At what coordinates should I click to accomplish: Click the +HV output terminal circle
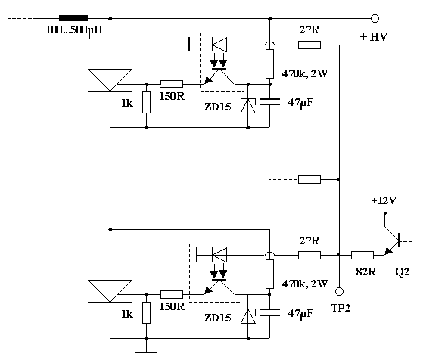click(375, 18)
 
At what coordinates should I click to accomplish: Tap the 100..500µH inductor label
click(74, 30)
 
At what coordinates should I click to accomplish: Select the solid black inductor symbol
click(73, 18)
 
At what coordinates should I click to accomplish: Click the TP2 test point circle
click(339, 291)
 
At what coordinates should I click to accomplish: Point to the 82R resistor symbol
click(362, 255)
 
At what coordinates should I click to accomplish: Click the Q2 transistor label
click(402, 272)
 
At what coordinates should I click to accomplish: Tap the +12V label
click(384, 200)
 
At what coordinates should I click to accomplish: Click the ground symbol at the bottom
click(146, 352)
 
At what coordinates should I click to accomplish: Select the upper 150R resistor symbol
click(172, 84)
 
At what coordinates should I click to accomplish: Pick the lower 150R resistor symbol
click(172, 294)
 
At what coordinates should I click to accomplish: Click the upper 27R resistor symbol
click(309, 45)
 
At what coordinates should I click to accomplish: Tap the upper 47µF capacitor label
click(300, 103)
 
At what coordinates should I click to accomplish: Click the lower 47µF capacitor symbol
click(269, 312)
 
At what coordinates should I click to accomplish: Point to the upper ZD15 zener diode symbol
click(248, 106)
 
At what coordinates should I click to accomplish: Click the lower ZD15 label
click(218, 318)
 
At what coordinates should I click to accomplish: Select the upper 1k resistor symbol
click(147, 102)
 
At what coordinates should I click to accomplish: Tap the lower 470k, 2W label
click(305, 284)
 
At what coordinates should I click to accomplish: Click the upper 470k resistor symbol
click(269, 64)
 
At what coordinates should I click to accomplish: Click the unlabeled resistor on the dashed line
click(309, 179)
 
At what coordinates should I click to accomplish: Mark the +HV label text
click(374, 36)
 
